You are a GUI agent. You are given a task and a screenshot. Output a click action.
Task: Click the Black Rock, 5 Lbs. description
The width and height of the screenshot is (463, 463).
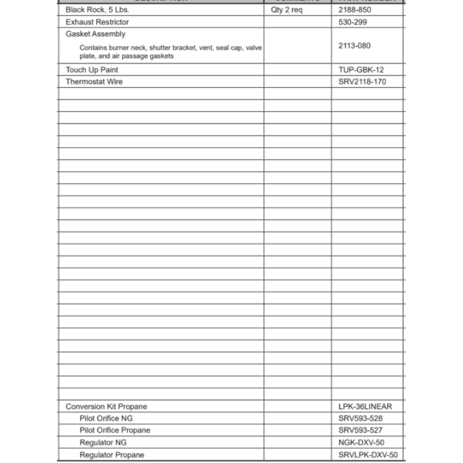(97, 10)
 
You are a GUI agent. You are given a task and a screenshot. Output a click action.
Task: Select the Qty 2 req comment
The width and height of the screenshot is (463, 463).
(287, 10)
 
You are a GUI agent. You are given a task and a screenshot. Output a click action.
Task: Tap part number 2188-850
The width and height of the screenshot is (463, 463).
(355, 10)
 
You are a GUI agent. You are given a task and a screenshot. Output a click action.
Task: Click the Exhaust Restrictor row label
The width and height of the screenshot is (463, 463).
(97, 22)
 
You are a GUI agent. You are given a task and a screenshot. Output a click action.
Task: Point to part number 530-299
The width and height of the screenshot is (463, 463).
(353, 22)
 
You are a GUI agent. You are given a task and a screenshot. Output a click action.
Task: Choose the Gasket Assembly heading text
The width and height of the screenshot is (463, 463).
(95, 34)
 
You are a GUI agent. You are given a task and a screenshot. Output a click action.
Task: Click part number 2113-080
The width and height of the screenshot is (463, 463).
(355, 45)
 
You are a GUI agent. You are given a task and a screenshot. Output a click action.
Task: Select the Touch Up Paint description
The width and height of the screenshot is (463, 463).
(92, 70)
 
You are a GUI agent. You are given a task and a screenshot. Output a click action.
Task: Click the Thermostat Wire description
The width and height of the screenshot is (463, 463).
(94, 82)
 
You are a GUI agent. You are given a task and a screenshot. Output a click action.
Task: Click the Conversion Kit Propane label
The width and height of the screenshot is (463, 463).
(106, 407)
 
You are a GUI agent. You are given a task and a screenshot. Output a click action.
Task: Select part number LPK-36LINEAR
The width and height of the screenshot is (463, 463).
(365, 407)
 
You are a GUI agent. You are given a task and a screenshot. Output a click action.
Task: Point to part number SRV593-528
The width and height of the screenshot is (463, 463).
(361, 419)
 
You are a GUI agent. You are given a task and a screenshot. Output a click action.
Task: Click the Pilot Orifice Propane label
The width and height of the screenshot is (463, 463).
(115, 430)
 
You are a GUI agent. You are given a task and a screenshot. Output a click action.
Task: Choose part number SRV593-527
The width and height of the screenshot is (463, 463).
(361, 430)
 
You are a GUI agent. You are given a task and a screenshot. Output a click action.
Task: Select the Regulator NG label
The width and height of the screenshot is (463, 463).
(103, 443)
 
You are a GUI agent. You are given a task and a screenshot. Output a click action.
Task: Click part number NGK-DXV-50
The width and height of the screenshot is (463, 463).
(361, 443)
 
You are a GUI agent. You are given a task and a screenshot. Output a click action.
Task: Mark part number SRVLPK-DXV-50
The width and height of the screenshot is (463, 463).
(368, 455)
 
